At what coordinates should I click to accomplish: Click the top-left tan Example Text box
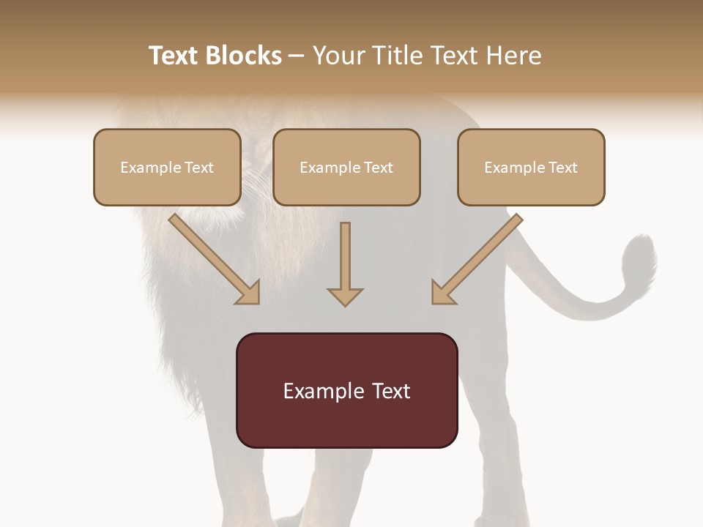click(167, 167)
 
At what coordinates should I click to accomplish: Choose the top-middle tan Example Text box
click(346, 167)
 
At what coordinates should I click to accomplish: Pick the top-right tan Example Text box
click(531, 167)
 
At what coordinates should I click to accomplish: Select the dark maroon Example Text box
click(347, 390)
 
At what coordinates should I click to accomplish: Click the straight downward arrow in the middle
click(345, 260)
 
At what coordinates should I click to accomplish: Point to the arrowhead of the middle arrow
click(345, 296)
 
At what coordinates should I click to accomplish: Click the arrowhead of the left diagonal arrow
click(249, 293)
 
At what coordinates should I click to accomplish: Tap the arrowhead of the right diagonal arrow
click(442, 293)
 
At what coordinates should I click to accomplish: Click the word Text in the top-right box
click(563, 167)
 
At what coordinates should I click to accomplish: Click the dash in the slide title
click(297, 56)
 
